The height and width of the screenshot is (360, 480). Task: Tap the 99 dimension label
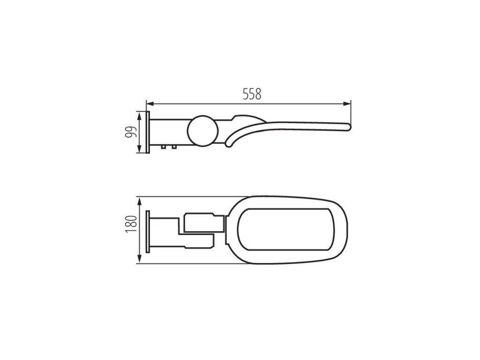(131, 132)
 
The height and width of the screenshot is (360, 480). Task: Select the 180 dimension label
(131, 225)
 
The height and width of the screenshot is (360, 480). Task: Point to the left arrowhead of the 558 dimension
(150, 104)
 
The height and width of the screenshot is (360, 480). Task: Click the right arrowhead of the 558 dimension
(347, 104)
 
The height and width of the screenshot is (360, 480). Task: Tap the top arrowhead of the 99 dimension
(140, 116)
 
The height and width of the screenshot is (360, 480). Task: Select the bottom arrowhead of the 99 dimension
(140, 149)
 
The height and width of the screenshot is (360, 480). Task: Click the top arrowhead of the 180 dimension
(140, 201)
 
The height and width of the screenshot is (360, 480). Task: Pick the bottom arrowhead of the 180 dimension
(140, 259)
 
